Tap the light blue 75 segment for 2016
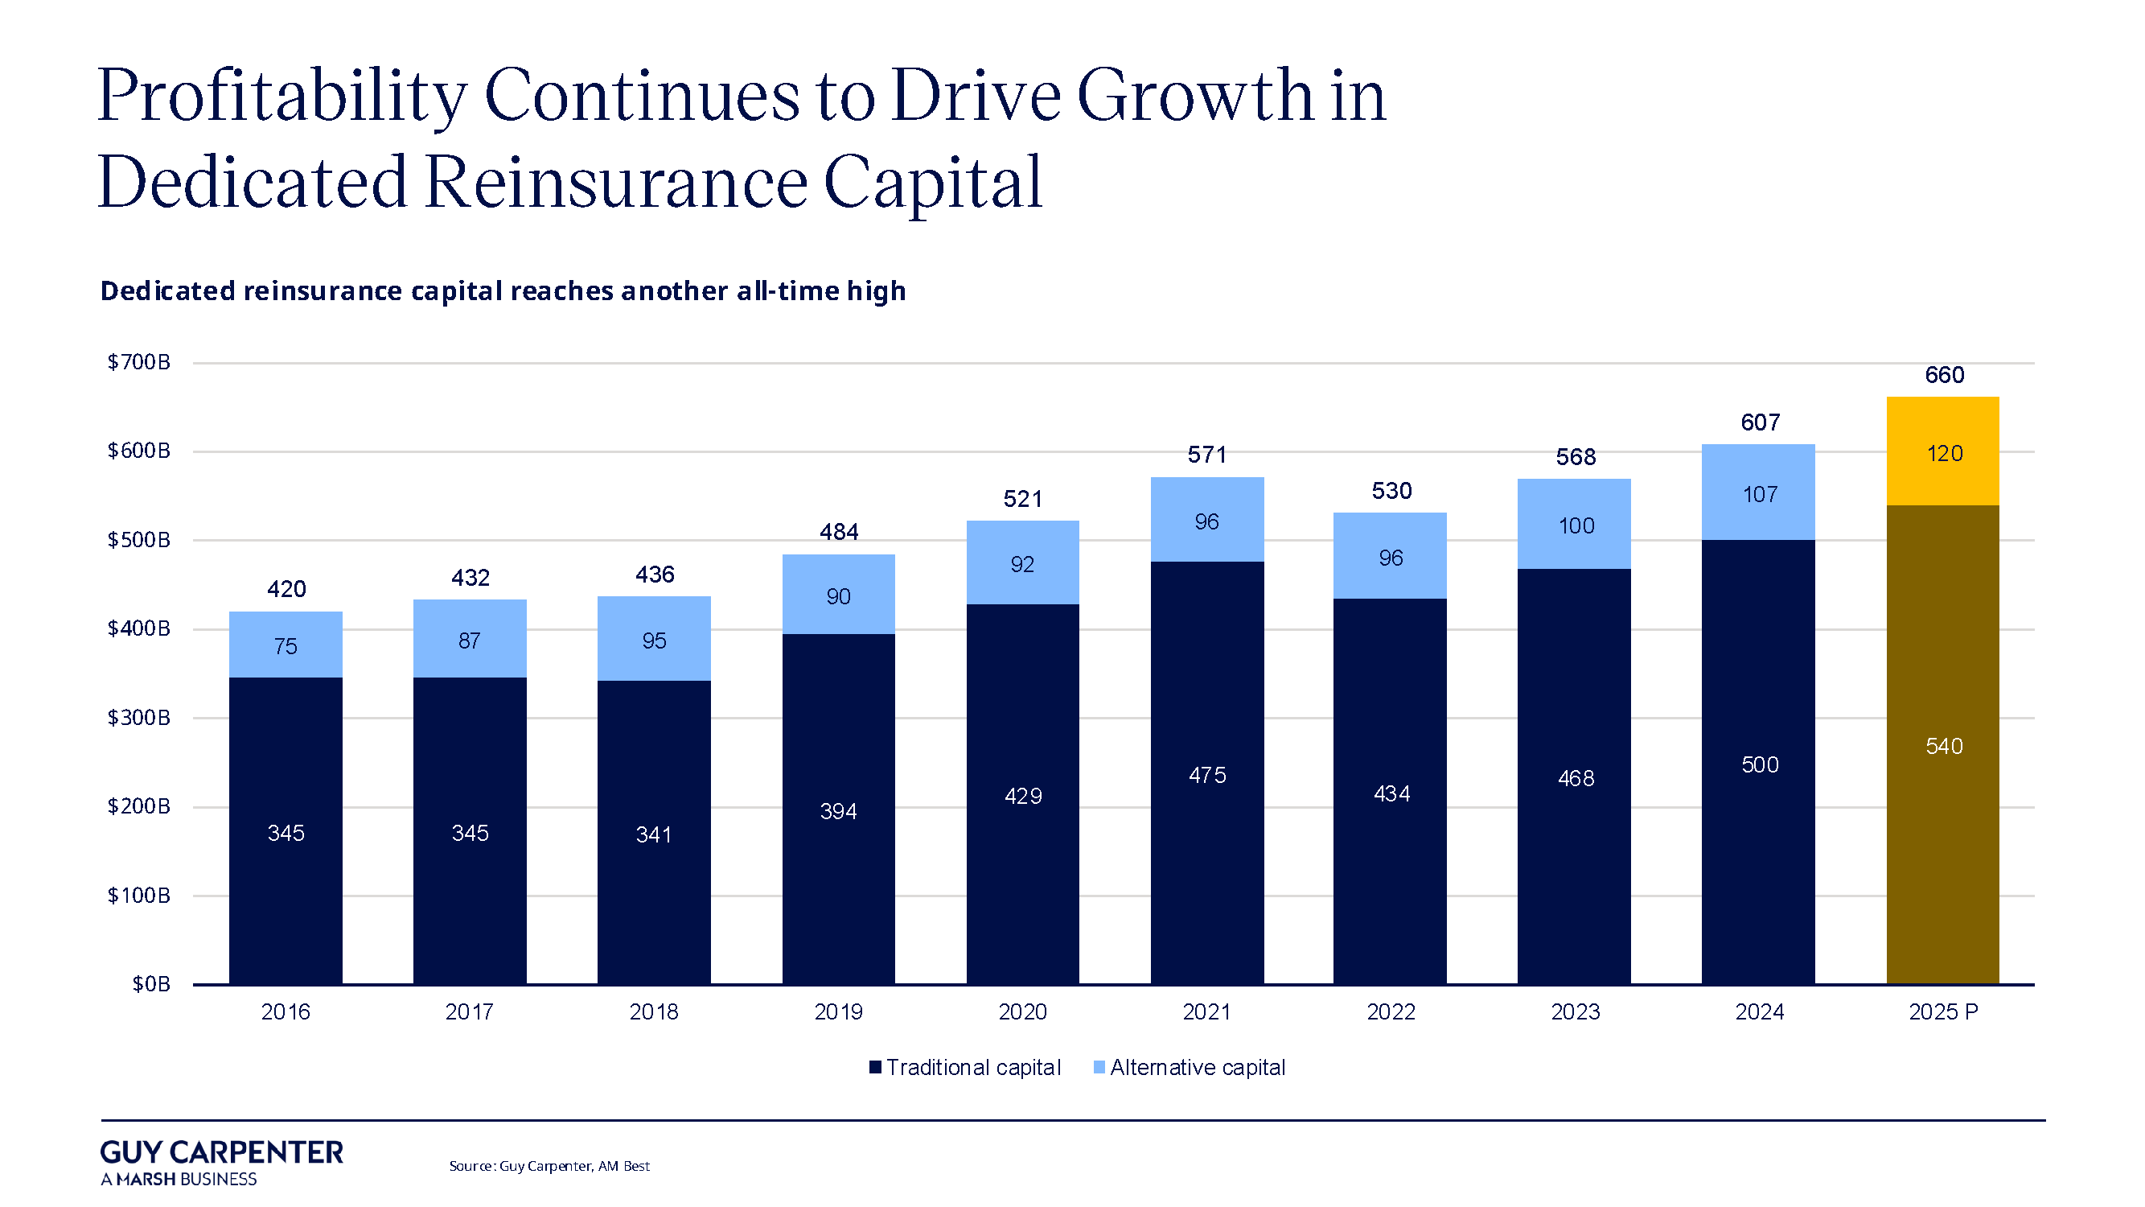(286, 645)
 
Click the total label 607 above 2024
(1760, 422)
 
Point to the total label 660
(1943, 375)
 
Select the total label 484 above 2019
(839, 531)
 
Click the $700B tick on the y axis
(139, 362)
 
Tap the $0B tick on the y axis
(150, 984)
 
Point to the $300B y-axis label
(139, 717)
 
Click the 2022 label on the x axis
(1391, 1011)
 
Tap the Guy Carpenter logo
(220, 1161)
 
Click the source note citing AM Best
(549, 1165)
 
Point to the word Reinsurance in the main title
(616, 183)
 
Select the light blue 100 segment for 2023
(1575, 525)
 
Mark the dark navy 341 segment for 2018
(654, 833)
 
